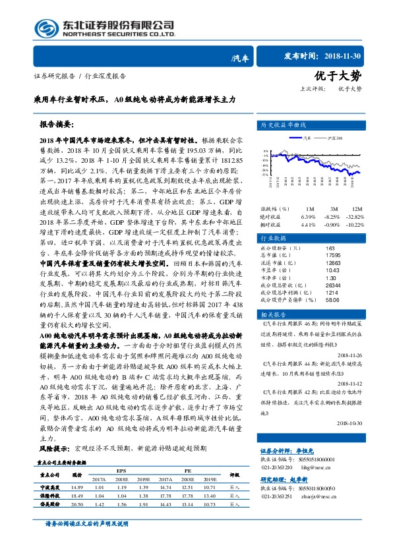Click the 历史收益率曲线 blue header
tap(283, 124)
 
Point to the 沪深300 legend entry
tap(335, 138)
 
